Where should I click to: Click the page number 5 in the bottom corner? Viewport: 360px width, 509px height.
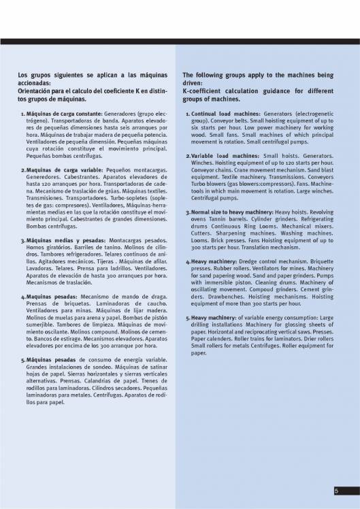tap(336, 491)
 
